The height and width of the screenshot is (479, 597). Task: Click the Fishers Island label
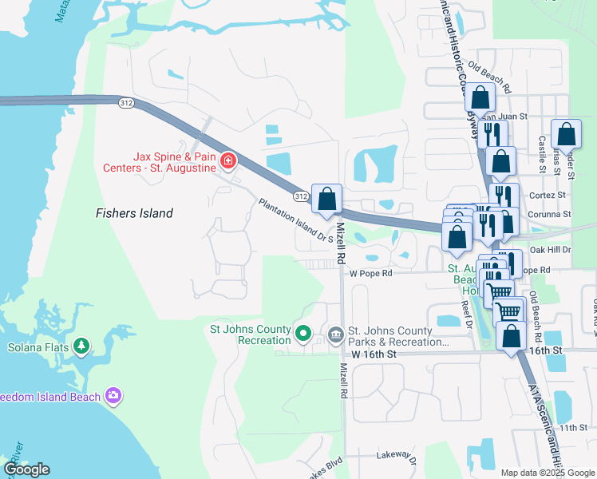(134, 213)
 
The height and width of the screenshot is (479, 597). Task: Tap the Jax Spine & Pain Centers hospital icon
(228, 160)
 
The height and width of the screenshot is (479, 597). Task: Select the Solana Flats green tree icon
(81, 346)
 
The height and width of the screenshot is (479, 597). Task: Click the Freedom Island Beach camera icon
(113, 395)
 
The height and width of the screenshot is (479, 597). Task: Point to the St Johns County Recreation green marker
(302, 334)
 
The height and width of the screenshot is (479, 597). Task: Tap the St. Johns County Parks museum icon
(334, 334)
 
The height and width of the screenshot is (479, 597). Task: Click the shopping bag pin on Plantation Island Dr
(327, 199)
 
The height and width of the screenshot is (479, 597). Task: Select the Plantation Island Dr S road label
(296, 222)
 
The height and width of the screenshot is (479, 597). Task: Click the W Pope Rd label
(372, 273)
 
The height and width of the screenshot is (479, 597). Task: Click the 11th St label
(572, 429)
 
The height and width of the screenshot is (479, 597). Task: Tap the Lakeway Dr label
(397, 457)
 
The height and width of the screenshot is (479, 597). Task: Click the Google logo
(26, 469)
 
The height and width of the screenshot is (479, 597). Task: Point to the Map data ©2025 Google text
(547, 473)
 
